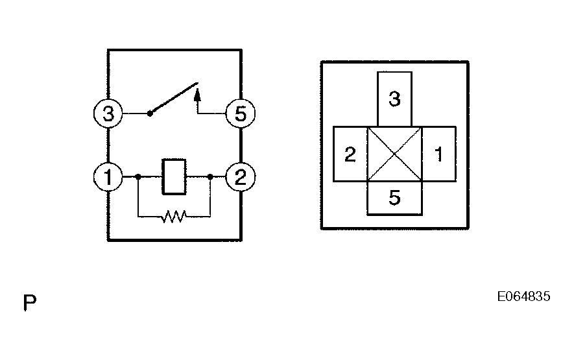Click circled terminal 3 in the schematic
coord(108,115)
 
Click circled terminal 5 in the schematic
coord(240,115)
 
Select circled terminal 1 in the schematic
coord(108,176)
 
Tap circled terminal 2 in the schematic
coord(240,176)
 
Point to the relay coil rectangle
coord(174,176)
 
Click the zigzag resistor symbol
coord(174,215)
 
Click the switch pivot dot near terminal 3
coord(150,114)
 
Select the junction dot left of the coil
coord(138,176)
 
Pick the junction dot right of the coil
coord(211,176)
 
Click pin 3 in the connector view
coord(394,99)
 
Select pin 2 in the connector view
coord(350,154)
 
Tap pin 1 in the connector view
coord(438,154)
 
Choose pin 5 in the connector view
coord(394,198)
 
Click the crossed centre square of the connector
coord(394,154)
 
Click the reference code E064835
coord(523,297)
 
